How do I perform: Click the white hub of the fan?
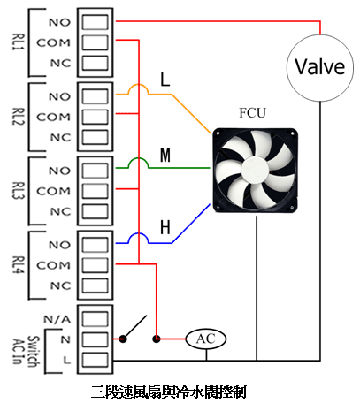[x=256, y=169]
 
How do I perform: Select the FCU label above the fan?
[x=252, y=113]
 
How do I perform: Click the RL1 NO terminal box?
[x=95, y=22]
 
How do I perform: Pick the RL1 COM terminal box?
[x=95, y=42]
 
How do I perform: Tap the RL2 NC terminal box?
[x=95, y=137]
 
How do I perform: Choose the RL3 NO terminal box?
[x=95, y=171]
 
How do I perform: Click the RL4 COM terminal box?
[x=95, y=265]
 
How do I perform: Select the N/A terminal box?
[x=95, y=319]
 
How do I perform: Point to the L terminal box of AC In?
[x=95, y=360]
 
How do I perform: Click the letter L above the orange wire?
[x=165, y=79]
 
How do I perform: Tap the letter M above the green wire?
[x=165, y=155]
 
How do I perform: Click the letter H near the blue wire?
[x=165, y=227]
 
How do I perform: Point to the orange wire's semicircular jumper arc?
[x=138, y=85]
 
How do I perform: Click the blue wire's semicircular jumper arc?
[x=138, y=233]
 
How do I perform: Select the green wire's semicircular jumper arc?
[x=138, y=158]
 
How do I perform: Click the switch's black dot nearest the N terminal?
[x=123, y=339]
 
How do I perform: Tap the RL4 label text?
[x=18, y=265]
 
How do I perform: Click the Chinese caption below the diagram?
[x=168, y=392]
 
